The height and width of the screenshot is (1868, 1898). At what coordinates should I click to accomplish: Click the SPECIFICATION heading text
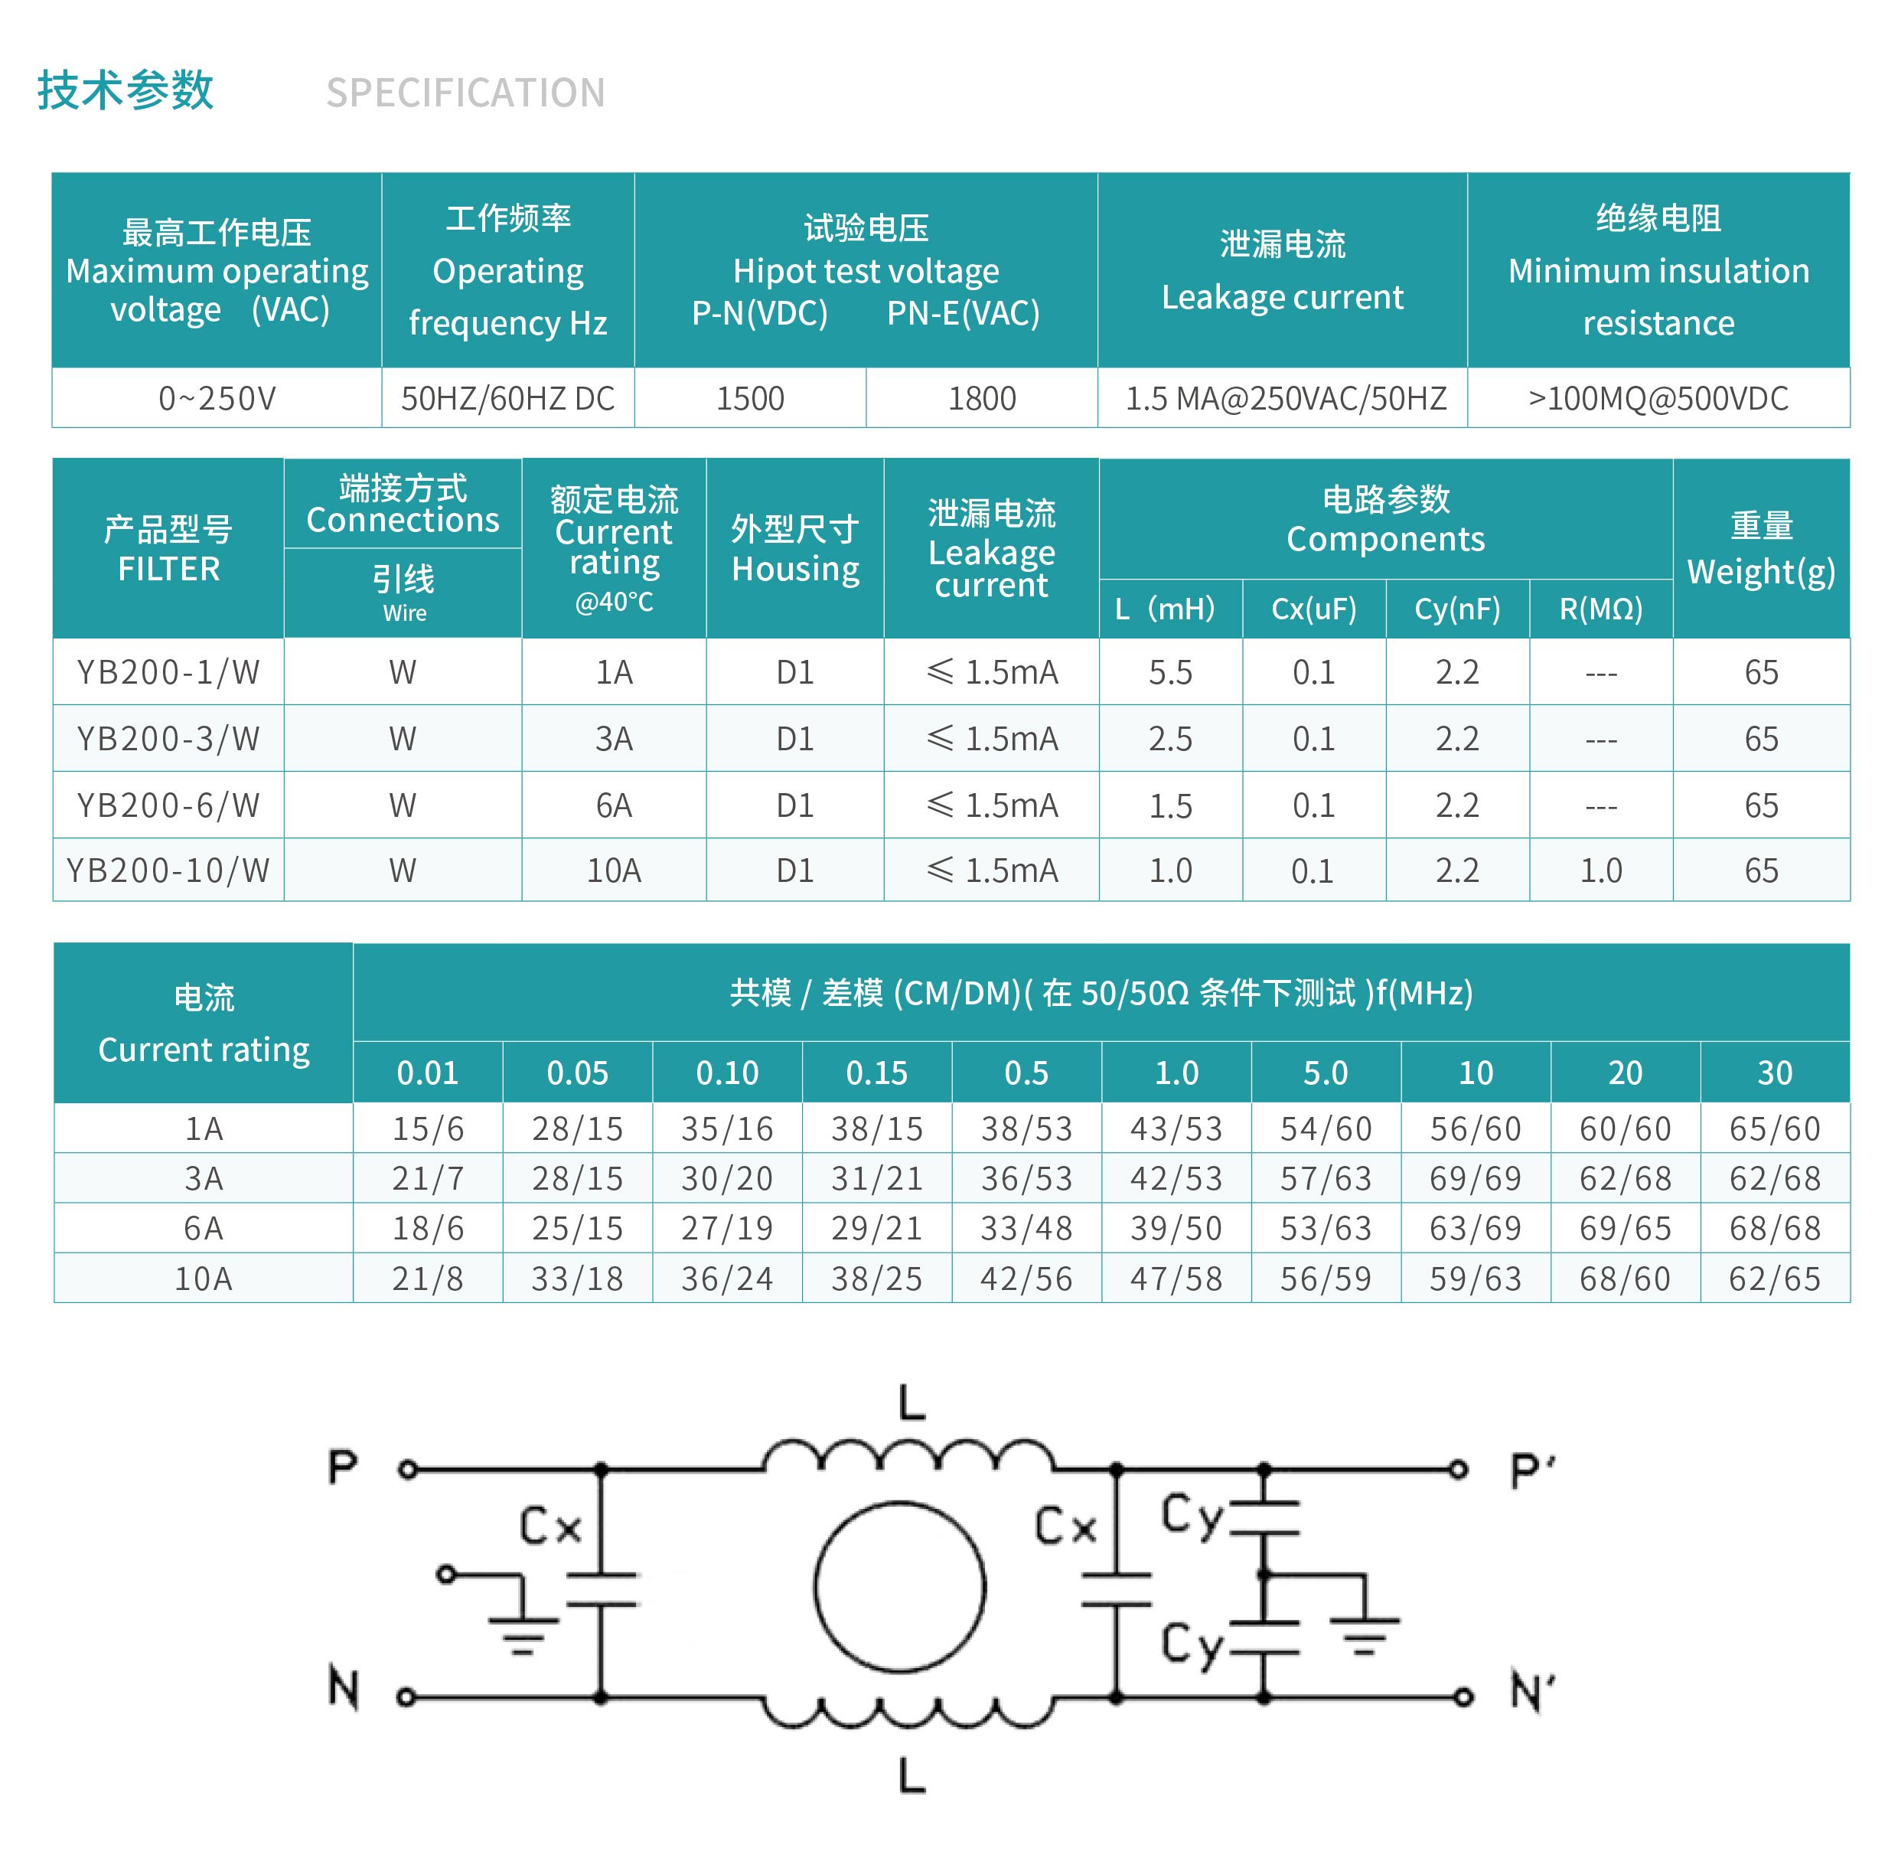pyautogui.click(x=465, y=93)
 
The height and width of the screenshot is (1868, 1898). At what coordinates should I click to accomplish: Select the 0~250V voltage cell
pyautogui.click(x=217, y=398)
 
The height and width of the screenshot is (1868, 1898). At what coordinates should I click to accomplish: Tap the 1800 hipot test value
pyautogui.click(x=981, y=398)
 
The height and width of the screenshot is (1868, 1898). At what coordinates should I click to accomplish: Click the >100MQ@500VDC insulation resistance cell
pyautogui.click(x=1658, y=398)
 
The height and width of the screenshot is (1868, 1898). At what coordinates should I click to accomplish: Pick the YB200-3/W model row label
pyautogui.click(x=168, y=738)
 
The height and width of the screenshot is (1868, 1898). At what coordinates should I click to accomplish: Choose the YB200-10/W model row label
pyautogui.click(x=168, y=870)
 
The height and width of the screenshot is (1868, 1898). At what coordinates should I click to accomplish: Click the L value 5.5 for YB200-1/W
pyautogui.click(x=1170, y=672)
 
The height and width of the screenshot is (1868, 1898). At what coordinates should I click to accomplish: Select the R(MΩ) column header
pyautogui.click(x=1601, y=609)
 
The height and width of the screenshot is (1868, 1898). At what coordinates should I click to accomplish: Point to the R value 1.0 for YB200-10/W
pyautogui.click(x=1601, y=870)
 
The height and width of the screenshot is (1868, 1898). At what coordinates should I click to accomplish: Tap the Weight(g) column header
pyautogui.click(x=1761, y=571)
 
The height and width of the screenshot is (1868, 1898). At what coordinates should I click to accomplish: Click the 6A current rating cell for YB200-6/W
pyautogui.click(x=614, y=805)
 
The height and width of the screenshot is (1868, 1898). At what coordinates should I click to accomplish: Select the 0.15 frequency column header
pyautogui.click(x=877, y=1073)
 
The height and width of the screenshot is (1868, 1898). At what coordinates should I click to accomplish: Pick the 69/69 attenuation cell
pyautogui.click(x=1476, y=1177)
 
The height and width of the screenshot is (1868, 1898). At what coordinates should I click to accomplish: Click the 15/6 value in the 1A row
pyautogui.click(x=428, y=1128)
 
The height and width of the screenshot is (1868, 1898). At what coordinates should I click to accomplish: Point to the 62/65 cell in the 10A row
pyautogui.click(x=1775, y=1279)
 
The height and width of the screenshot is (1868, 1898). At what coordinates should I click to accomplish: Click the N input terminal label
pyautogui.click(x=344, y=1688)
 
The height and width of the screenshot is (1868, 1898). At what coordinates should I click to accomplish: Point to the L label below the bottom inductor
pyautogui.click(x=912, y=1774)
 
